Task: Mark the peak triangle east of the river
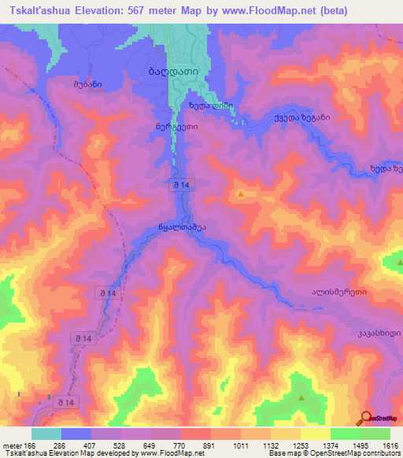[x=241, y=193]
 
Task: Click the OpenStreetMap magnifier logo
[x=365, y=418]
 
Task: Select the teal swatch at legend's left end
[x=46, y=434]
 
